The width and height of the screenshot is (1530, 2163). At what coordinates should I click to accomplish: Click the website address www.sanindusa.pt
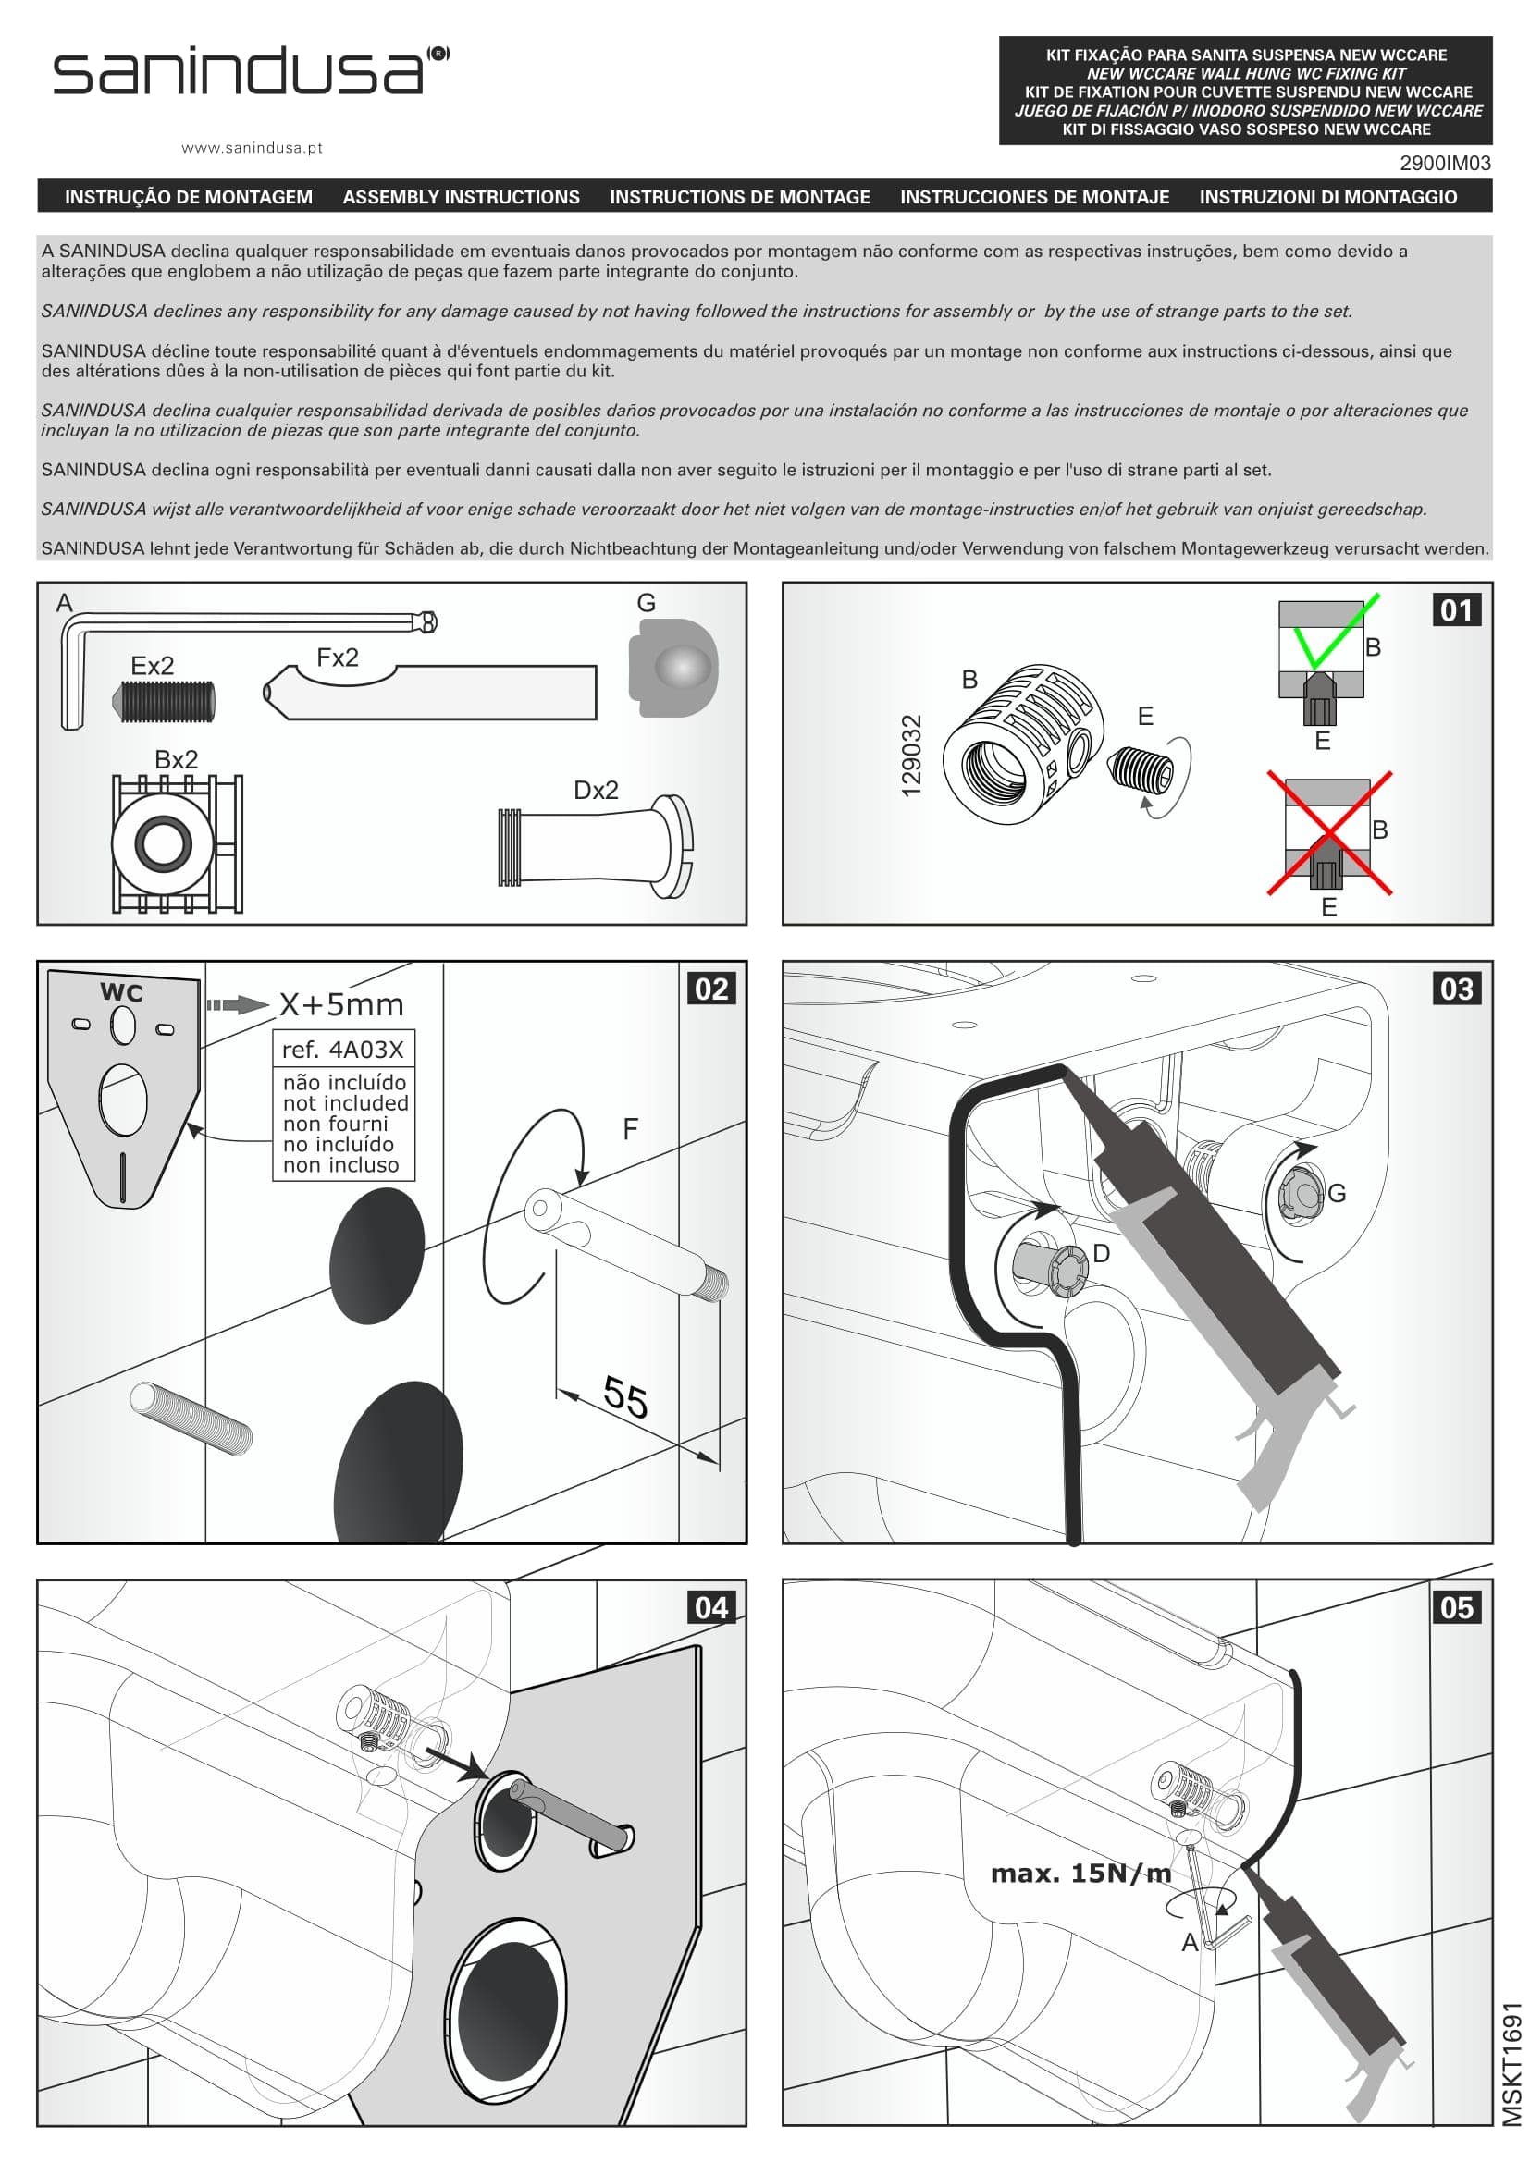coord(252,148)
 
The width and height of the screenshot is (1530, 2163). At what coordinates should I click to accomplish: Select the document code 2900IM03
coord(1444,163)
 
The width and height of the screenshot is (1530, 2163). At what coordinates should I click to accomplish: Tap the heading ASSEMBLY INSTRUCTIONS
coord(461,197)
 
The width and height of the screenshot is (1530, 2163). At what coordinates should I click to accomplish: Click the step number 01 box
coord(1457,610)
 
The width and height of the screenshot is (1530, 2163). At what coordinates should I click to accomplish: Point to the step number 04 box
coord(711,1606)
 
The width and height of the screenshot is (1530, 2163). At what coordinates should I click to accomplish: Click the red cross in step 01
coord(1328,832)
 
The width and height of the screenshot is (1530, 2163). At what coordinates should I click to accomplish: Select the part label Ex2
coord(153,666)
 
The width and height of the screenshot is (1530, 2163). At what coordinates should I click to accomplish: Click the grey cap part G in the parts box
coord(672,667)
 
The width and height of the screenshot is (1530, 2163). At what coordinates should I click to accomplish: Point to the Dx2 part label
coord(596,791)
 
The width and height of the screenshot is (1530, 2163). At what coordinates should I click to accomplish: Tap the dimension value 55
coord(624,1397)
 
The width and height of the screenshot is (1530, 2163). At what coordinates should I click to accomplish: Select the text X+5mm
coord(341,1005)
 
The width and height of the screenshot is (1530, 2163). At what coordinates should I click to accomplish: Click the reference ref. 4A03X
coord(342,1050)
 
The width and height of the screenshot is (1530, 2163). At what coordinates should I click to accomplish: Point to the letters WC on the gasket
coord(121,992)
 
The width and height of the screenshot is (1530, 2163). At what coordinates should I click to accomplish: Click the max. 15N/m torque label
coord(1080,1873)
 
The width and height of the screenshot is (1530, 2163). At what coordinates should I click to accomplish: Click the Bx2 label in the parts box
coord(176,759)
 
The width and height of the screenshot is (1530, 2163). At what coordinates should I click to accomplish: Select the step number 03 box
coord(1457,989)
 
